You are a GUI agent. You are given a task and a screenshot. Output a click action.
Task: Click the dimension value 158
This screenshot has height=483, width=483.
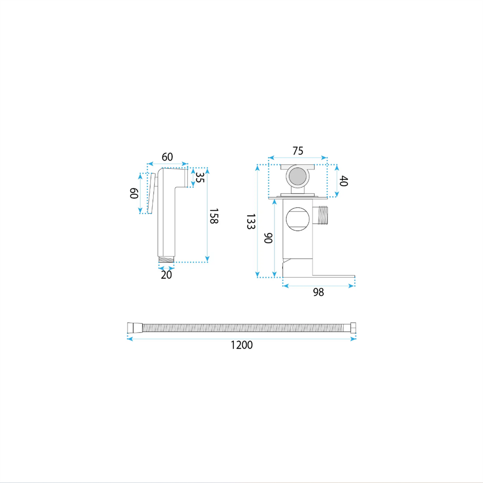point(214,216)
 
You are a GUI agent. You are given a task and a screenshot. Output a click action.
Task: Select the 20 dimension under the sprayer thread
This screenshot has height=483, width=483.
point(166,275)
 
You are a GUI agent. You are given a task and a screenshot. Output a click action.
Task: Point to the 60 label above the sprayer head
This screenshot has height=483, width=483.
point(167,157)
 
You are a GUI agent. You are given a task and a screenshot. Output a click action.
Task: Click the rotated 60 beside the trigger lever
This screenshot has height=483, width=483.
point(134,193)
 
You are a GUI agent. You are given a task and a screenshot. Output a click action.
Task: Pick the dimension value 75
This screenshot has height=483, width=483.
point(298,151)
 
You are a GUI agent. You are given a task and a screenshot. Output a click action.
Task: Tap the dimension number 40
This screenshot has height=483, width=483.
point(344,181)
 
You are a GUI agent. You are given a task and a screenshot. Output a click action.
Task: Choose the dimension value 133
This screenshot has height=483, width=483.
point(250,221)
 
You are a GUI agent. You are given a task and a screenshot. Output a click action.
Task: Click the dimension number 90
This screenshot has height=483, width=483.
point(268,238)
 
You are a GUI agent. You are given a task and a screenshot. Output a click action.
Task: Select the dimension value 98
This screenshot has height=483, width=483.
point(318,292)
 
